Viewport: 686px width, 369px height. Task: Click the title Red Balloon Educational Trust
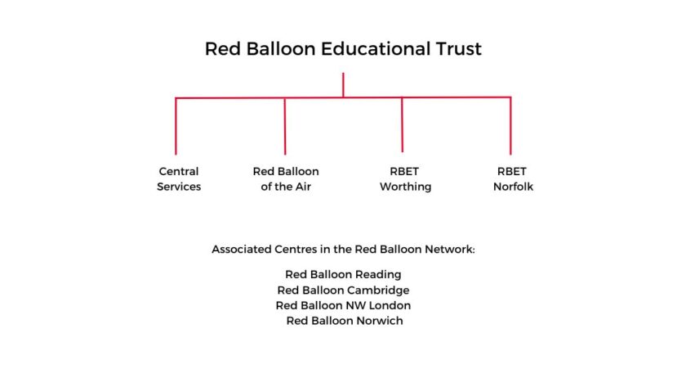click(x=343, y=48)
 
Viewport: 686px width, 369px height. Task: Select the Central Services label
click(x=179, y=179)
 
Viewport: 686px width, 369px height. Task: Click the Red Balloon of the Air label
click(x=286, y=179)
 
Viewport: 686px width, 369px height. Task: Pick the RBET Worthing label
click(x=405, y=179)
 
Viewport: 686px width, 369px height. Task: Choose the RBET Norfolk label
click(x=513, y=179)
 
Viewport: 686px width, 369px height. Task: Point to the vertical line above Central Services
click(x=176, y=126)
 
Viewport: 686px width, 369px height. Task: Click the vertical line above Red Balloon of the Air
click(x=285, y=126)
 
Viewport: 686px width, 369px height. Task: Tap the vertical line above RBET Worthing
click(x=402, y=125)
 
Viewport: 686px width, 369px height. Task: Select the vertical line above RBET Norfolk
click(x=510, y=126)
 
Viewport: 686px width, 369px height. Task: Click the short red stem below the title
click(x=343, y=85)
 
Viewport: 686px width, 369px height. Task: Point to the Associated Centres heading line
click(x=343, y=250)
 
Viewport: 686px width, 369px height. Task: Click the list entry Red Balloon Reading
click(x=343, y=275)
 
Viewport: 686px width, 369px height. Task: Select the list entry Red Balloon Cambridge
click(x=343, y=290)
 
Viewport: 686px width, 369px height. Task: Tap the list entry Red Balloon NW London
click(x=343, y=305)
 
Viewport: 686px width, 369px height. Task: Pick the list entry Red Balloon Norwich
click(x=345, y=321)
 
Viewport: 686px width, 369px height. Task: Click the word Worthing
click(x=405, y=187)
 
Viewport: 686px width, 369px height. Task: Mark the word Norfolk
click(x=513, y=187)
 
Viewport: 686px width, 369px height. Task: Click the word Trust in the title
click(x=458, y=48)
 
